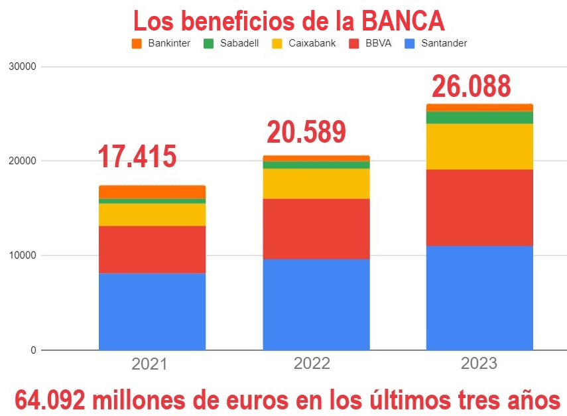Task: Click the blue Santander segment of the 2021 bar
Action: coord(152,311)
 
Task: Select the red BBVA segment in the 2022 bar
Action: coord(316,229)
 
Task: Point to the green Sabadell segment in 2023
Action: coord(479,117)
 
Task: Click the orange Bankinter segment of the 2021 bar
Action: coord(152,192)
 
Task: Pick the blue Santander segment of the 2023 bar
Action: coord(479,297)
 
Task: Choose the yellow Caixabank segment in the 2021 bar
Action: coord(152,214)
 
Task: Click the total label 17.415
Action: coord(137,157)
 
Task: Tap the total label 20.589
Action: coord(306,131)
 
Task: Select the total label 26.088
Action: coord(472,86)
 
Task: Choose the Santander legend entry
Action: coord(440,44)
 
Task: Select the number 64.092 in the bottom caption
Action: coord(50,399)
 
